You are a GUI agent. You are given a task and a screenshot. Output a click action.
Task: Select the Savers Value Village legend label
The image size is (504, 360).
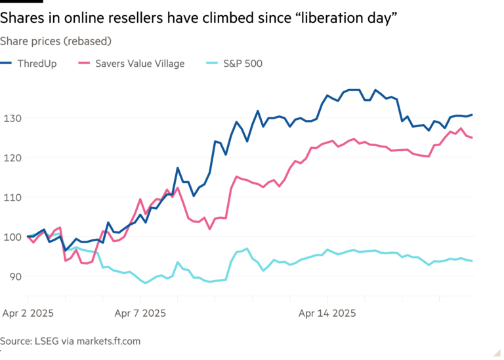click(x=140, y=64)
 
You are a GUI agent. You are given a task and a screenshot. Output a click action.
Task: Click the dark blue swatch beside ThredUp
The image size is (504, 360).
click(x=8, y=64)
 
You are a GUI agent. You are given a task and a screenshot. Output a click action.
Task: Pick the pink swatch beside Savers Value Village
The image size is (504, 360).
click(x=84, y=64)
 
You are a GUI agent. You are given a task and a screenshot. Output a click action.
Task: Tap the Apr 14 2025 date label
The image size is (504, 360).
click(x=327, y=313)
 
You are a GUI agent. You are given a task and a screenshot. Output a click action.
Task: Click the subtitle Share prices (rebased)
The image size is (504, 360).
click(x=56, y=41)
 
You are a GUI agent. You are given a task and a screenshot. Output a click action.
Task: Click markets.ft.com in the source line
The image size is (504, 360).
click(x=107, y=341)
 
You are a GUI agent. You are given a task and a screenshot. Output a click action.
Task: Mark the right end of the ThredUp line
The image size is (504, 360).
click(x=473, y=115)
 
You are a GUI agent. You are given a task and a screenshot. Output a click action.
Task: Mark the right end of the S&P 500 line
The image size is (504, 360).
click(x=473, y=260)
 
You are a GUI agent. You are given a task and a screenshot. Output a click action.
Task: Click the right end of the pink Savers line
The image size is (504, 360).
click(x=473, y=138)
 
